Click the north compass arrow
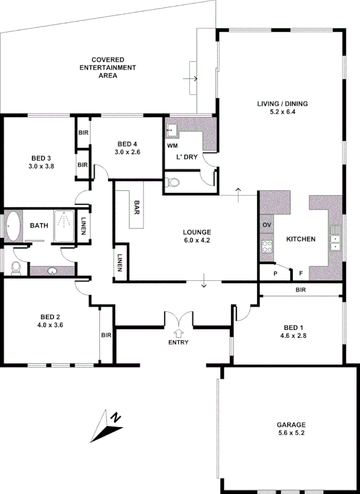click(x=106, y=425)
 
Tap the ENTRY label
click(x=179, y=343)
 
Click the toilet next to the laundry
click(x=174, y=183)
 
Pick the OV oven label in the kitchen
click(x=267, y=225)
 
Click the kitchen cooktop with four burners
click(x=267, y=246)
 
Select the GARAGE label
click(x=291, y=424)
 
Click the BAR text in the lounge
click(x=137, y=207)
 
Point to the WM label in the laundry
click(x=172, y=146)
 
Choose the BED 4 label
click(x=127, y=144)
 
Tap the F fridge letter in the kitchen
click(x=301, y=274)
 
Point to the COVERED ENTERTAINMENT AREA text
click(x=108, y=67)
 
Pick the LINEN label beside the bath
click(x=84, y=226)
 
